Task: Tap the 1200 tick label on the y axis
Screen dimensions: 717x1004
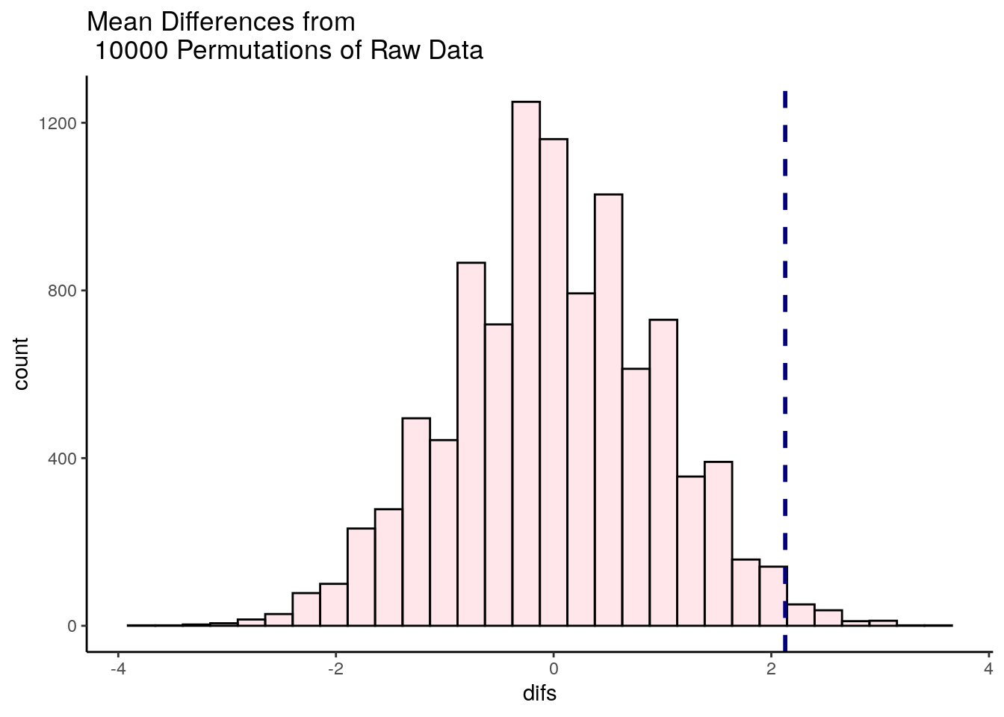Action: [x=58, y=123]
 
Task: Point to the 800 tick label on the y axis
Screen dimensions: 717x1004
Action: [x=63, y=291]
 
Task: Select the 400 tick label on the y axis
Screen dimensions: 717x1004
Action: [x=63, y=458]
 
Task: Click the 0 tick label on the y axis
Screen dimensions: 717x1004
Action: [x=72, y=626]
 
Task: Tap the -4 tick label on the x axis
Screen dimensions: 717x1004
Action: [x=117, y=666]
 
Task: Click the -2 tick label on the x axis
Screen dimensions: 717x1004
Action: [x=335, y=666]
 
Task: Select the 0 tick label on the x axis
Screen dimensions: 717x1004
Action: [x=554, y=666]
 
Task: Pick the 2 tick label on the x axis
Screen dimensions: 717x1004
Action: [x=771, y=666]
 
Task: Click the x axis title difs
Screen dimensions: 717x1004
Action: [x=539, y=694]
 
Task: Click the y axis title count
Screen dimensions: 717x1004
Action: [x=21, y=364]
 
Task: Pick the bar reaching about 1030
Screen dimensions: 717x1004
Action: [x=608, y=410]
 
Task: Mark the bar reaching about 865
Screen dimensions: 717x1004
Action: [x=471, y=444]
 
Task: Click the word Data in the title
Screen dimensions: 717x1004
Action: [x=456, y=51]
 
